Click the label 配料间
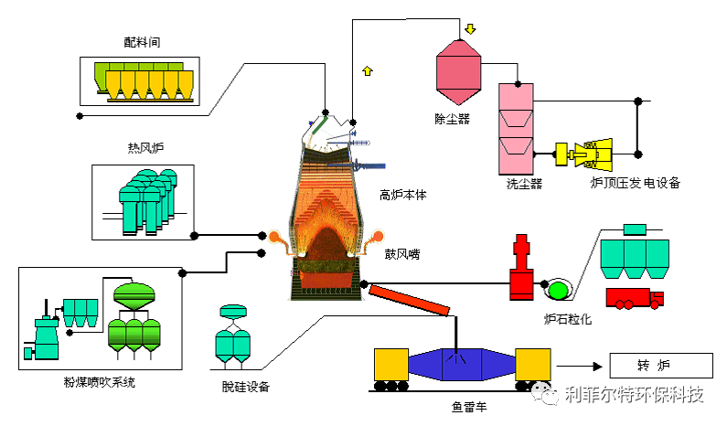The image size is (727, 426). point(142,42)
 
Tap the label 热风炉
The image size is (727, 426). point(144,148)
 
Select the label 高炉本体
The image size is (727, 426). point(403,195)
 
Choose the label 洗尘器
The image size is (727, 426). point(524,184)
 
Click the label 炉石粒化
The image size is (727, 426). point(568,319)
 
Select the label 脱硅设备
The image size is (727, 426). point(246,388)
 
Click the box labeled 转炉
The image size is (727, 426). point(654,367)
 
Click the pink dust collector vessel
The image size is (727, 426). point(457,69)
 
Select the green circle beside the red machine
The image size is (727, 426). point(556,291)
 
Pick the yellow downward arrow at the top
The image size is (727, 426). point(470,29)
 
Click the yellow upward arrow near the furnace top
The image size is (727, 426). point(368,70)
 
